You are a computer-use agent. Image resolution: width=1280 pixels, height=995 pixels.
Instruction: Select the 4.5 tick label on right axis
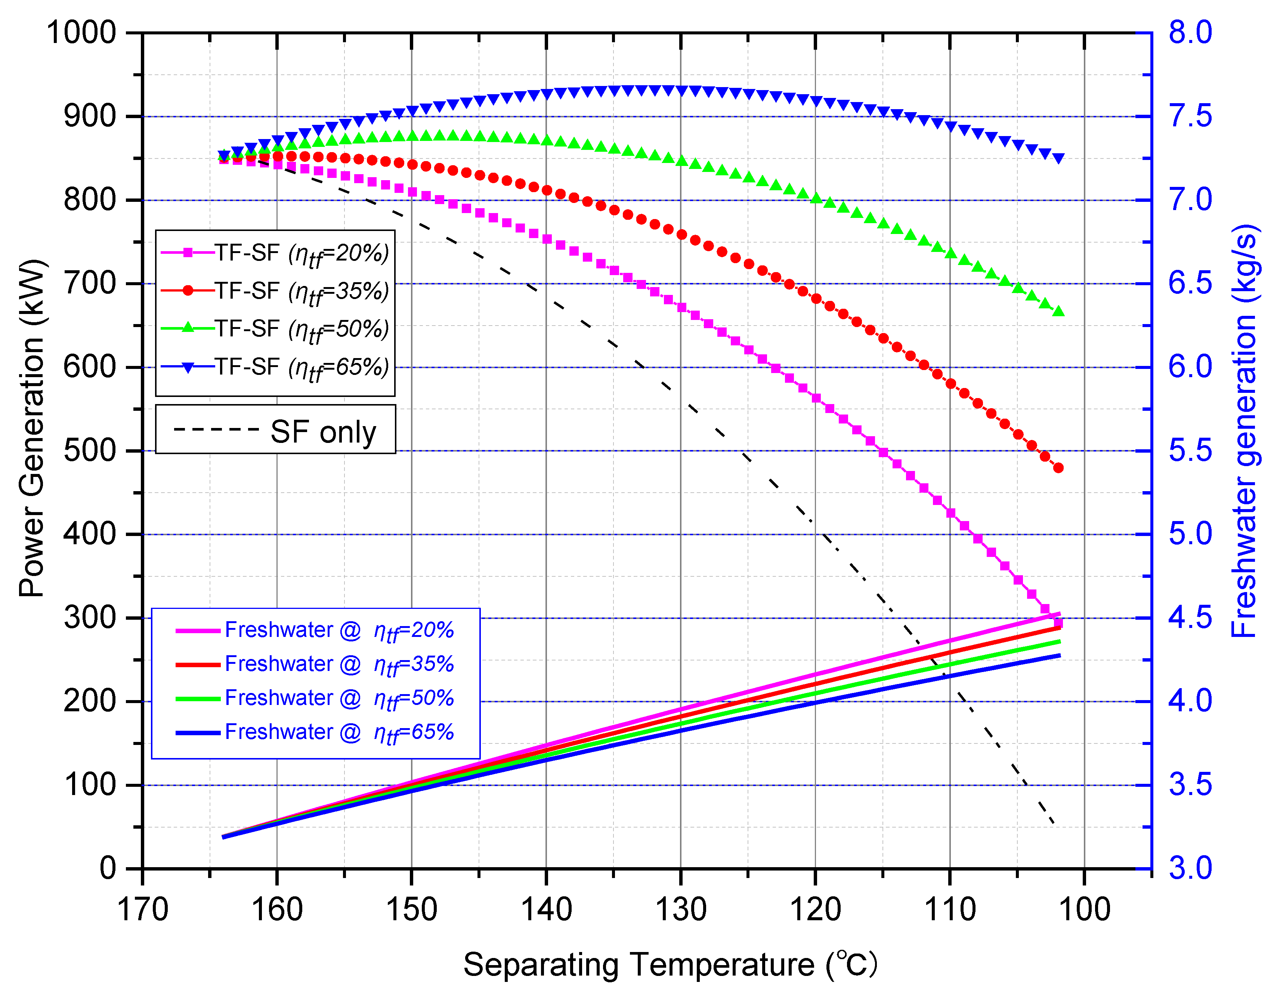point(1190,617)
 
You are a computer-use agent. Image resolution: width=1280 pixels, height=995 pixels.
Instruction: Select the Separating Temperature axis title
point(670,964)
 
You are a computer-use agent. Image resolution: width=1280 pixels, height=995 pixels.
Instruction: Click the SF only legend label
point(323,432)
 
